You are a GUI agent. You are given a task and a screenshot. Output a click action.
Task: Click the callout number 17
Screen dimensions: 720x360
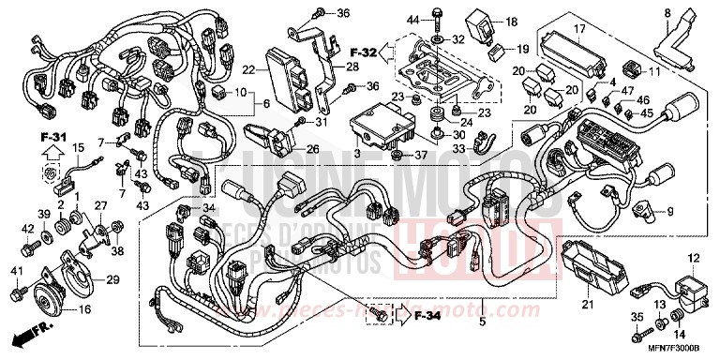tap(579, 31)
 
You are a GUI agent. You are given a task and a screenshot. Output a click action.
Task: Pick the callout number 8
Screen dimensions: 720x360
tap(667, 12)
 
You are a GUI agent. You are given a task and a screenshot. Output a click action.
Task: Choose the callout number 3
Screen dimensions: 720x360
tap(357, 152)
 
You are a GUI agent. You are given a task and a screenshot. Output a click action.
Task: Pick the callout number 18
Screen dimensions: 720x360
tap(511, 21)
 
